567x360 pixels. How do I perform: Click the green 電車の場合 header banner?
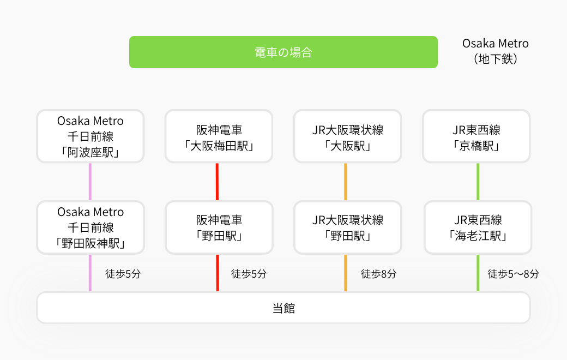pyautogui.click(x=283, y=52)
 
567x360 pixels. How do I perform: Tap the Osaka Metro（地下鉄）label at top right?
pyautogui.click(x=496, y=51)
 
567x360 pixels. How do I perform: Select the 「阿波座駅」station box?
pyautogui.click(x=91, y=136)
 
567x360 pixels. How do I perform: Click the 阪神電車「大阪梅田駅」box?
pyautogui.click(x=219, y=136)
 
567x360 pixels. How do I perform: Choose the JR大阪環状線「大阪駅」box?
pyautogui.click(x=347, y=136)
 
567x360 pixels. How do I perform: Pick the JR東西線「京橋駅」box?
pyautogui.click(x=476, y=136)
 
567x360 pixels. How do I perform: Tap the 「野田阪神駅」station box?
pyautogui.click(x=91, y=227)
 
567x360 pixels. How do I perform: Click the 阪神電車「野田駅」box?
pyautogui.click(x=219, y=227)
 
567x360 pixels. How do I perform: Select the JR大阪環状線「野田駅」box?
pyautogui.click(x=348, y=227)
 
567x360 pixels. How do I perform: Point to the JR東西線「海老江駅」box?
pyautogui.click(x=478, y=227)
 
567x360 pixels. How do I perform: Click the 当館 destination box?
pyautogui.click(x=283, y=308)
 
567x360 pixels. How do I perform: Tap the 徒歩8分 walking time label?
pyautogui.click(x=378, y=274)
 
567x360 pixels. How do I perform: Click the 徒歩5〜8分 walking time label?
pyautogui.click(x=513, y=274)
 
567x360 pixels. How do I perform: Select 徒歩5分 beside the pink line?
pyautogui.click(x=123, y=274)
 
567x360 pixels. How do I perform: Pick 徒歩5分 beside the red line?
pyautogui.click(x=249, y=274)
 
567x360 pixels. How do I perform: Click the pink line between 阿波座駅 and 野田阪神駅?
pyautogui.click(x=90, y=182)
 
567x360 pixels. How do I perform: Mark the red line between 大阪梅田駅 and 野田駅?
pyautogui.click(x=218, y=182)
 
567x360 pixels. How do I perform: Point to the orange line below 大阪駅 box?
pyautogui.click(x=346, y=182)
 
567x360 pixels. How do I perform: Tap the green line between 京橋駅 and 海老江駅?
pyautogui.click(x=478, y=182)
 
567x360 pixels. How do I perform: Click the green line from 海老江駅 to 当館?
pyautogui.click(x=478, y=273)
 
